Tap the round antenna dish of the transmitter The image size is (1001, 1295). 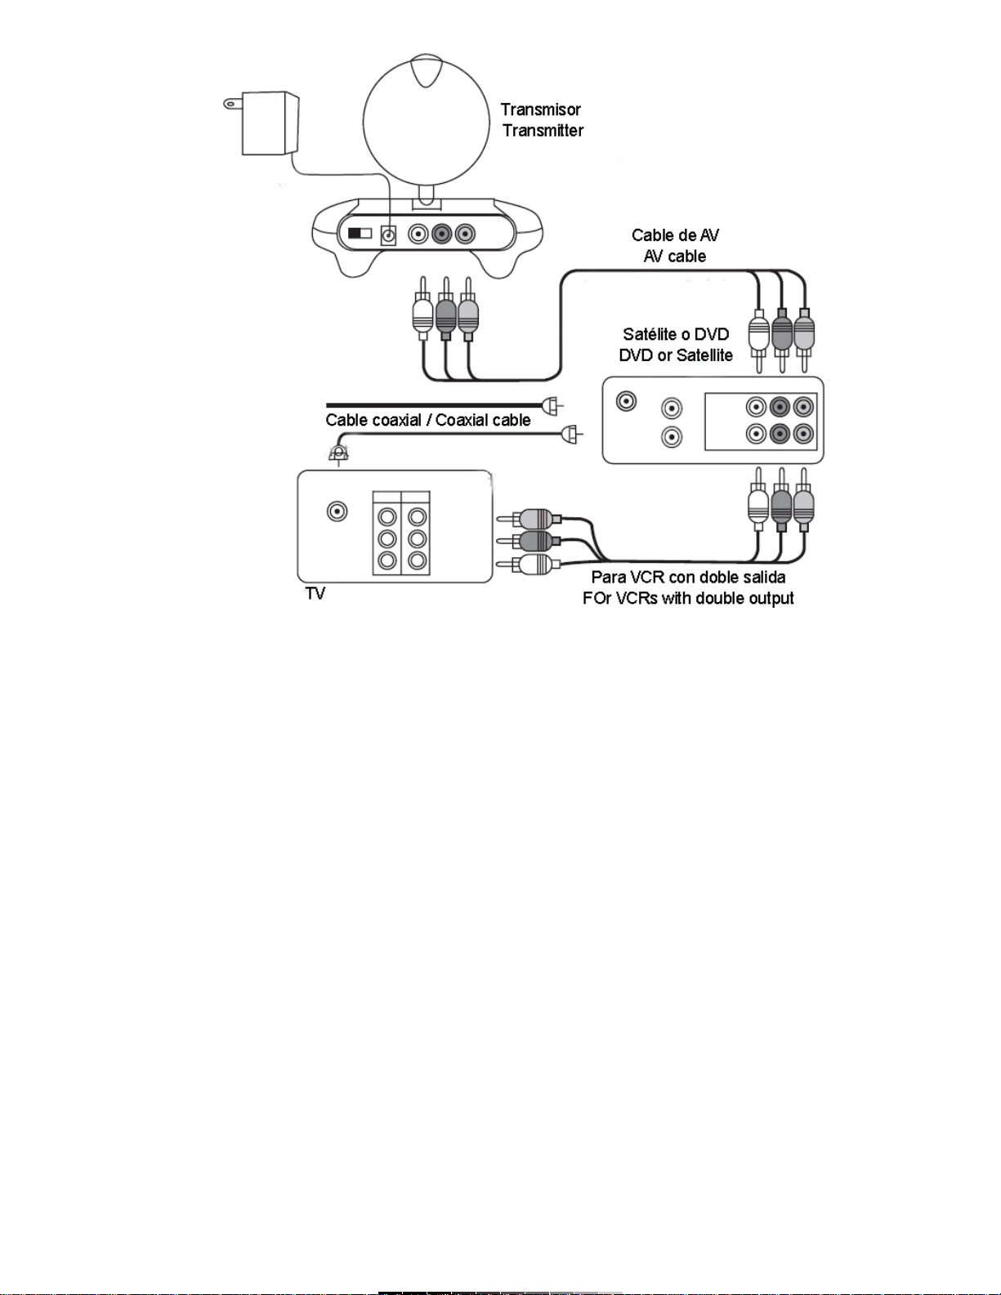point(426,123)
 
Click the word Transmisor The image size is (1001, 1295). point(540,109)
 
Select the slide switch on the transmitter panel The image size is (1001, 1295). point(360,233)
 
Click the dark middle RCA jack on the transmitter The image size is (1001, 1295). point(441,234)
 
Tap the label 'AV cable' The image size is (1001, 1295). point(674,257)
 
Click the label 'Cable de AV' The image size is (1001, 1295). point(675,235)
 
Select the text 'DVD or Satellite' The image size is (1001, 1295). point(676,355)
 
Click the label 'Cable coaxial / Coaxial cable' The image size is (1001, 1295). point(428,420)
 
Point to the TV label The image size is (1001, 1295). point(315,593)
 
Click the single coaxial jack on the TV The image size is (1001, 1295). point(337,511)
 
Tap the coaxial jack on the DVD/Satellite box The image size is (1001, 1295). point(626,401)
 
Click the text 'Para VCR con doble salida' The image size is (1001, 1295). point(688,577)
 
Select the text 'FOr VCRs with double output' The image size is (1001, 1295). point(688,598)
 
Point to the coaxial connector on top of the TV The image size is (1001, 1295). point(338,455)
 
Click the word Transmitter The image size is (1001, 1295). point(543,131)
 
